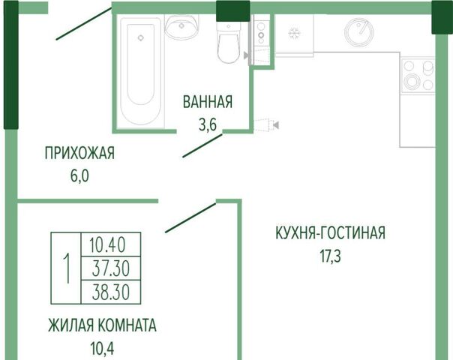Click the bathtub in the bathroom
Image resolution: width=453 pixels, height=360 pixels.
pos(140,71)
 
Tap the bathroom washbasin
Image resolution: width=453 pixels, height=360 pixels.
pos(181,27)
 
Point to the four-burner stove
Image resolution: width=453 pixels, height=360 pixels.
pos(418,76)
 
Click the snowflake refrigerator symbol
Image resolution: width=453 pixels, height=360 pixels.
pos(294,33)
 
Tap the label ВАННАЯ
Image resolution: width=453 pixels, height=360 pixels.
pos(208,102)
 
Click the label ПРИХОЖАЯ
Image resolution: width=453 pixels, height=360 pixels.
pos(79,152)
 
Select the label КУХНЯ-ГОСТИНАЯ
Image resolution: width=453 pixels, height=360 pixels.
pos(331,232)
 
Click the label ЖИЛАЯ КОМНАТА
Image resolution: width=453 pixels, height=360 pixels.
pos(102,325)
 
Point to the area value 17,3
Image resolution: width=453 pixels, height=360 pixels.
pos(330,256)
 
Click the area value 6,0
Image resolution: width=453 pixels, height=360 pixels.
pos(79,176)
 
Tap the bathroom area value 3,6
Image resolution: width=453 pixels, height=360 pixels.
pos(208,124)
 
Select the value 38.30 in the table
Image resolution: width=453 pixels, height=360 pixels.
pos(111,292)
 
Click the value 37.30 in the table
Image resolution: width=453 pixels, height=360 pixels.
pos(111,268)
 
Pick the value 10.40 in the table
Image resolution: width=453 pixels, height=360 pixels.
pos(107,245)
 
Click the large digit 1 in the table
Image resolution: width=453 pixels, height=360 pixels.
pos(67,268)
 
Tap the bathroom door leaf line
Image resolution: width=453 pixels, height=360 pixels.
pos(202,145)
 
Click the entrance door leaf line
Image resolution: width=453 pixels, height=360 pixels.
pos(84,24)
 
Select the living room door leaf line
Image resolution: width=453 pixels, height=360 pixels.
pos(190,217)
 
